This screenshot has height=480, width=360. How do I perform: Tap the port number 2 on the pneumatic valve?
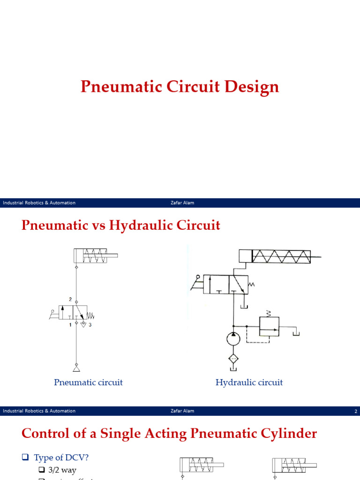pos(70,299)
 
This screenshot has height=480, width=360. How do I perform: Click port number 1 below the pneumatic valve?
pos(70,325)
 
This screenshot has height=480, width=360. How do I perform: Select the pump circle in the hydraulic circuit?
pos(233,338)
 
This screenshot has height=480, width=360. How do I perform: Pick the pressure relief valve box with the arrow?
pos(269,326)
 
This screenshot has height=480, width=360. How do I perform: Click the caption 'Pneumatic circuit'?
pos(88,382)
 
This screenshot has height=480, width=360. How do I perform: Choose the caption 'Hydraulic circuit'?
pos(249,382)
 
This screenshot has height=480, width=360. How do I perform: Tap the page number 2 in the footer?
pos(356,411)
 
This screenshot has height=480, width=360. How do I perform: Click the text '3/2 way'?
pos(62,470)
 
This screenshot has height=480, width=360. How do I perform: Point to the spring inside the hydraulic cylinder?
pos(281,256)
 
